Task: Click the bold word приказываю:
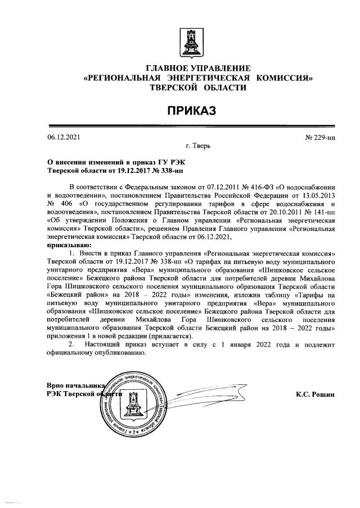coord(69,246)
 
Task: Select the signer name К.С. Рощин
coord(315,394)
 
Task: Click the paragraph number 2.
coord(71,343)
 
